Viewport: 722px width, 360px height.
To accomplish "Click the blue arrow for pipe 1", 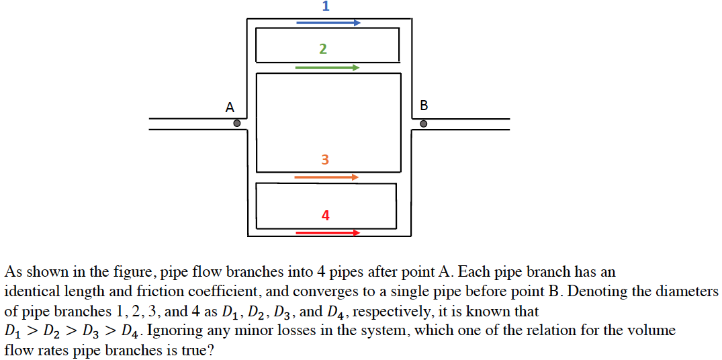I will [x=328, y=23].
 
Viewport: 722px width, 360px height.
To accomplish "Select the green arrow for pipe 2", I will [x=327, y=68].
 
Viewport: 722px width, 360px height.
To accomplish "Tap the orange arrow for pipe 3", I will [x=326, y=177].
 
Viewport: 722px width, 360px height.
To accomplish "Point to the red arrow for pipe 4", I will [x=328, y=233].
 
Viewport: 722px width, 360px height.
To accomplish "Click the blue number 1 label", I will [x=326, y=7].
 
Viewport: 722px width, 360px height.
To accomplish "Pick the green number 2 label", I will [x=323, y=49].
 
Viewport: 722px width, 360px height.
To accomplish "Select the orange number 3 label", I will [x=325, y=160].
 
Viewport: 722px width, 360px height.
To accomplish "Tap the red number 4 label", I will [x=326, y=216].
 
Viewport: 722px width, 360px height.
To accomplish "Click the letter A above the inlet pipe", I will [x=230, y=107].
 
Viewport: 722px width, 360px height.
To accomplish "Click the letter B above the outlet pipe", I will [x=423, y=105].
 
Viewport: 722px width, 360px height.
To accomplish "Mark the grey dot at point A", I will [x=236, y=124].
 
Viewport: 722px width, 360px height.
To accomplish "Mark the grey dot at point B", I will [x=423, y=124].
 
